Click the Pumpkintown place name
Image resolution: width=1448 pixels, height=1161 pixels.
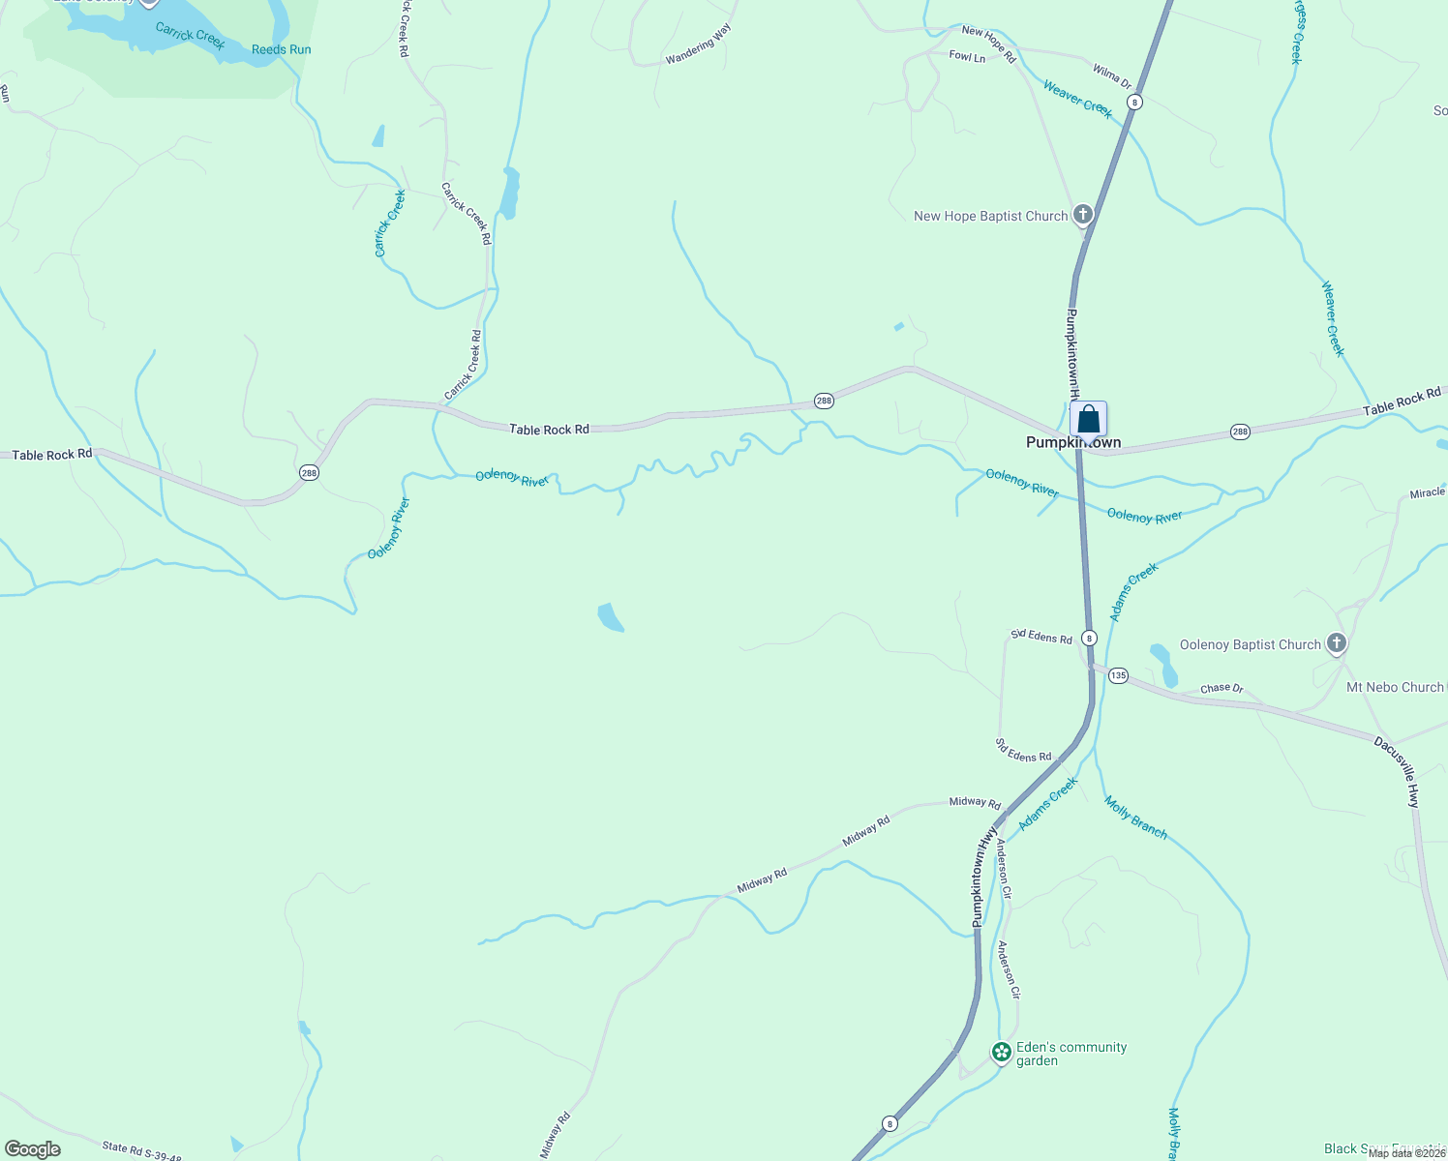coord(1073,443)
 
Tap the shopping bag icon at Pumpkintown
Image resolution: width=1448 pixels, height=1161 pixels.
coord(1088,420)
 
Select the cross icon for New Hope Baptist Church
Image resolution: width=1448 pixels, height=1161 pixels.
coord(1083,215)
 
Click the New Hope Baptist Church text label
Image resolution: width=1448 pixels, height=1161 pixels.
coord(990,217)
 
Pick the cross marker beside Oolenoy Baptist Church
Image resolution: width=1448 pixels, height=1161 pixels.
coord(1336,643)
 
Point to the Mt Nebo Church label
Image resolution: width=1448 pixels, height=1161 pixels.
coord(1395,687)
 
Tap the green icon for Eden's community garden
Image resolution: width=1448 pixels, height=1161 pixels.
coord(1002,1052)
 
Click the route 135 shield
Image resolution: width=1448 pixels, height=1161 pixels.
coord(1118,675)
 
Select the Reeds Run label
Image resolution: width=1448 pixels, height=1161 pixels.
coord(281,49)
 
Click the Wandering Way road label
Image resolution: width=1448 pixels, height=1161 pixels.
coord(698,45)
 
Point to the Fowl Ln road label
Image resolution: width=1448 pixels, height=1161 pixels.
coord(967,57)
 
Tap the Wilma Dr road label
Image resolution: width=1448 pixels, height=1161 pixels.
coord(1112,76)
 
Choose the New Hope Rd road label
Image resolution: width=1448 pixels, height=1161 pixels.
coord(988,45)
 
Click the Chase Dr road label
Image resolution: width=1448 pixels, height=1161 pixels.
coord(1222,688)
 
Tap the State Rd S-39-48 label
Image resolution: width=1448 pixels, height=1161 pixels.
coord(141,1150)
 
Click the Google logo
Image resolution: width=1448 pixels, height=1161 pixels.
coord(33,1149)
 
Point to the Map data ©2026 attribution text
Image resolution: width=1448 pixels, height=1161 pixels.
coord(1405,1153)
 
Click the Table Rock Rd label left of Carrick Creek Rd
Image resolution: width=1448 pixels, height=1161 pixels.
coord(52,454)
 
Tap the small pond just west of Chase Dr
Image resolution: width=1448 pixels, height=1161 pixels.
coord(1163,665)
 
